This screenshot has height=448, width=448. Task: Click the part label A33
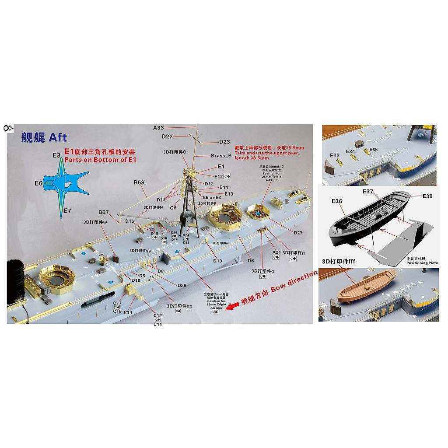[x=158, y=128]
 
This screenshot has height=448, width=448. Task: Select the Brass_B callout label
[x=221, y=156]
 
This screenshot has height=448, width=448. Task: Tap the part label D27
[x=298, y=233]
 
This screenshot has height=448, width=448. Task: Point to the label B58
[x=139, y=182]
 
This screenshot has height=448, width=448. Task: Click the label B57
[x=103, y=212]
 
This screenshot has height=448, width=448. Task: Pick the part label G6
[x=173, y=208]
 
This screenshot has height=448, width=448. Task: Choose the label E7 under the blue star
[x=67, y=211]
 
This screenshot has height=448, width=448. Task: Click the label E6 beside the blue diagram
[x=38, y=183]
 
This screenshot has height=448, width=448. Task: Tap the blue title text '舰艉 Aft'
[x=44, y=137]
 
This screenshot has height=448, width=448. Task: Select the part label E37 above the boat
[x=367, y=192]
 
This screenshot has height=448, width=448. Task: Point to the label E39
[x=427, y=196]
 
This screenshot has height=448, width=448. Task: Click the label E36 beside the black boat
[x=337, y=201]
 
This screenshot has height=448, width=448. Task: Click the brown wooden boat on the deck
[x=369, y=283]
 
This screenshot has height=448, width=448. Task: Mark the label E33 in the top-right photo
[x=335, y=155]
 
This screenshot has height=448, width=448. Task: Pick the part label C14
[x=128, y=312]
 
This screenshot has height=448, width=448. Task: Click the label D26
[x=182, y=286]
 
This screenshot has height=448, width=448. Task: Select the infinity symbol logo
[x=7, y=128]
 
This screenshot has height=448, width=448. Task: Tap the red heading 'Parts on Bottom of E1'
[x=101, y=160]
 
